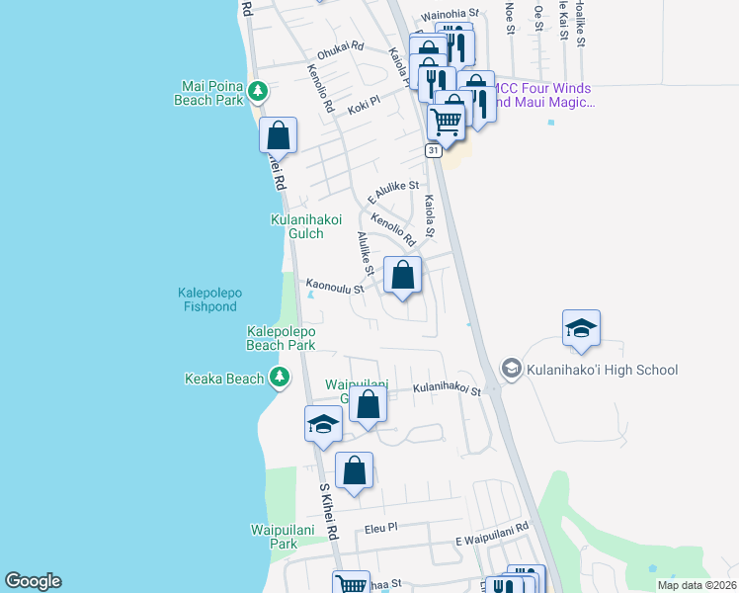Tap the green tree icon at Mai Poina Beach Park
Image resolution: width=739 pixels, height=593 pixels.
click(258, 91)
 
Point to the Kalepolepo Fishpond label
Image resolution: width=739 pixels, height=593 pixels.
click(211, 299)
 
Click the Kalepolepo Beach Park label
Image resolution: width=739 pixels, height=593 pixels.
click(281, 338)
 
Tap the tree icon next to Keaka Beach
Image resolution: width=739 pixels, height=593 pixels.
click(281, 377)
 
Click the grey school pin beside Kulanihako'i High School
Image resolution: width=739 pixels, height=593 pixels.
click(511, 369)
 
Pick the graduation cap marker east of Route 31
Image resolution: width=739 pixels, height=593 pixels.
click(581, 329)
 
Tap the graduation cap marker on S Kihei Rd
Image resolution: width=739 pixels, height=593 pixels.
click(323, 424)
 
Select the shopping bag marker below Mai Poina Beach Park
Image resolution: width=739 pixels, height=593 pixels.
click(279, 135)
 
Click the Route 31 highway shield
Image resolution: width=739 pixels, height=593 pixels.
click(434, 150)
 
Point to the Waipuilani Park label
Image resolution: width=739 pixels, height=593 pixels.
click(271, 537)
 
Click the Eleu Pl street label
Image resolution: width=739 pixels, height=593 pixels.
click(378, 529)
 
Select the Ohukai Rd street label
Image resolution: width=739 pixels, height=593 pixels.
click(340, 47)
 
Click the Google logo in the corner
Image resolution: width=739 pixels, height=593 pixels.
click(33, 581)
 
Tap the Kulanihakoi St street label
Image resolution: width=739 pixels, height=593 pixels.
click(446, 390)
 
